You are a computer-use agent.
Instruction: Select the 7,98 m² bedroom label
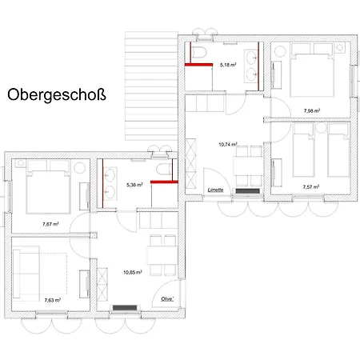(311, 110)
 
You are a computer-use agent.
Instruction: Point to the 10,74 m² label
(229, 145)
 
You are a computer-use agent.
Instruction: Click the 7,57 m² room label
(311, 186)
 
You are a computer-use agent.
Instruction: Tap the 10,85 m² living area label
(133, 272)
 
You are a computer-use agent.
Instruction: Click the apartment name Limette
(215, 190)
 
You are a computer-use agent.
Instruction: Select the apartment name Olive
(166, 299)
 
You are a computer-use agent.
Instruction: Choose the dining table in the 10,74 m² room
(246, 166)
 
